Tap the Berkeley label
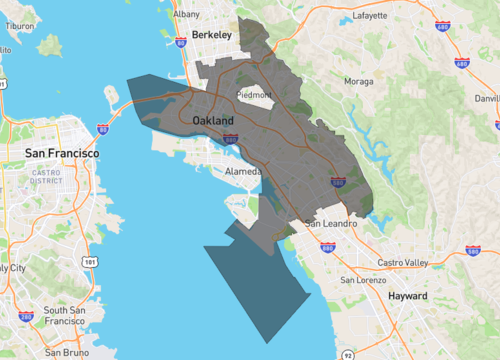click(211, 35)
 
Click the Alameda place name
click(244, 171)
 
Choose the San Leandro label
click(330, 223)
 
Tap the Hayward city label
click(407, 297)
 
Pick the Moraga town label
click(358, 80)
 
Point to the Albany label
click(186, 15)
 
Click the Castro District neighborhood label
click(46, 176)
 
